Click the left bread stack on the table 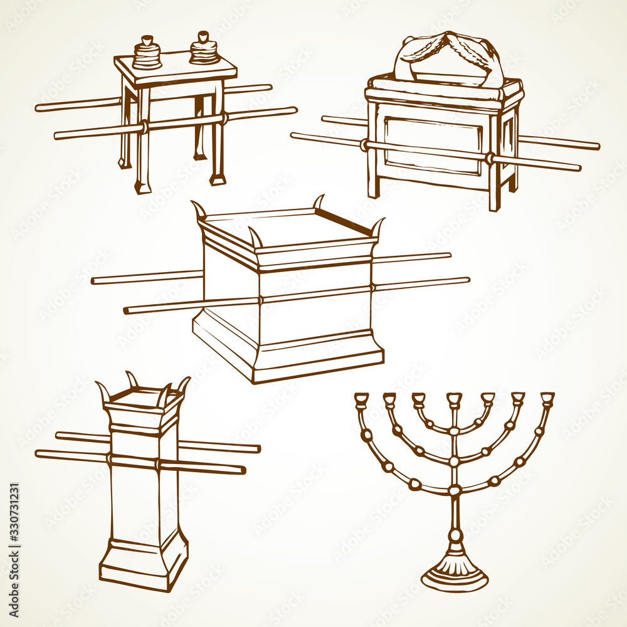(147, 53)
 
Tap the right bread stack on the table (204, 48)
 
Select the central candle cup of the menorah (455, 399)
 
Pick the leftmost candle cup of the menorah (362, 399)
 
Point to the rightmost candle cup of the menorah (547, 399)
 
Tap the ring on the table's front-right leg (224, 117)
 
